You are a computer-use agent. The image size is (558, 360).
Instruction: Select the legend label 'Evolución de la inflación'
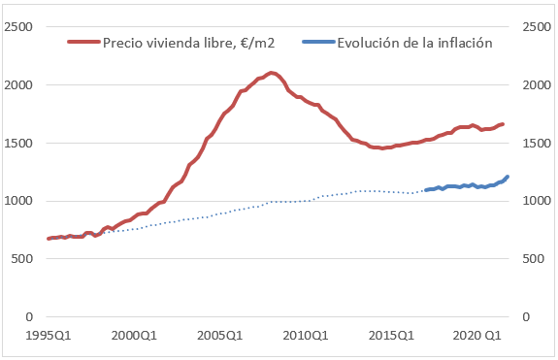(x=414, y=43)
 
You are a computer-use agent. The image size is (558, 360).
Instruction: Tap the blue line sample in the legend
(x=319, y=43)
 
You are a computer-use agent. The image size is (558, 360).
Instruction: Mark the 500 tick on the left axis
(x=25, y=259)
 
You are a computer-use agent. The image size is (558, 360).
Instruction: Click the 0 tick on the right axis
(x=525, y=317)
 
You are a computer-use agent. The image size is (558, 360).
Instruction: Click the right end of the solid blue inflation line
(x=508, y=177)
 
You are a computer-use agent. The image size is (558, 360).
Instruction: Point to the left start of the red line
(x=48, y=239)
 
